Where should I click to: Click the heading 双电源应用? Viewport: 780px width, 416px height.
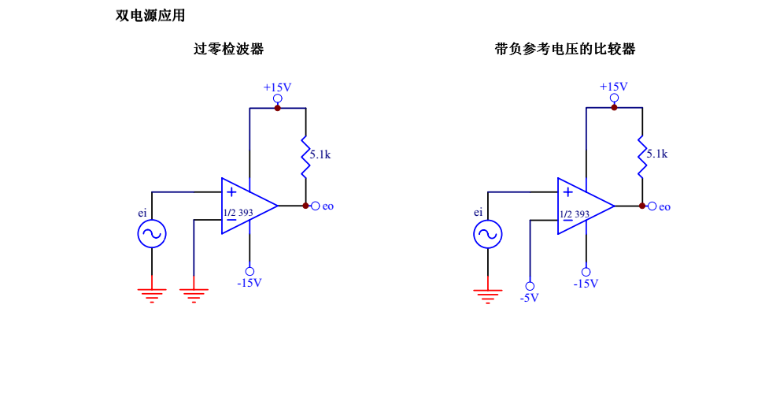150,15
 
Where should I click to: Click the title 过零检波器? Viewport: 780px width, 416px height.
228,49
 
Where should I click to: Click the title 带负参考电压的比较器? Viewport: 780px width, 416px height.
564,49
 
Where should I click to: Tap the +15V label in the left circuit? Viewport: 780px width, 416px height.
277,87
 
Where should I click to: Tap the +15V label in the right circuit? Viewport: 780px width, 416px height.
613,87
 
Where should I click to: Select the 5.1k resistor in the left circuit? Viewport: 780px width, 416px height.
305,156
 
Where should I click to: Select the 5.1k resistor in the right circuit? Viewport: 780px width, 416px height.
641,156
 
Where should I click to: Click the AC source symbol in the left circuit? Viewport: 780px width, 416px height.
152,234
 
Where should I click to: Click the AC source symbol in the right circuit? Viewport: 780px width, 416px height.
488,234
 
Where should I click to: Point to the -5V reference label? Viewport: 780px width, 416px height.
529,298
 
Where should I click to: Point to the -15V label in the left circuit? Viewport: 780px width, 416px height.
250,283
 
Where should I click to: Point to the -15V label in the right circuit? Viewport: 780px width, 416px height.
586,284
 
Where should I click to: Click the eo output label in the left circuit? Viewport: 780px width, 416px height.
327,206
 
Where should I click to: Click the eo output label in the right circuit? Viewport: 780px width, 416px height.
664,207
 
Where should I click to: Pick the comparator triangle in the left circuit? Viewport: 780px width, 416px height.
247,206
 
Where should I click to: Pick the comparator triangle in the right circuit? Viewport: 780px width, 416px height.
583,206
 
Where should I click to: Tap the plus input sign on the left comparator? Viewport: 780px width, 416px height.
231,191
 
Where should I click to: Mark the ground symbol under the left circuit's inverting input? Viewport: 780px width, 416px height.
194,294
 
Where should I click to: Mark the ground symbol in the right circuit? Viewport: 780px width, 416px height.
488,295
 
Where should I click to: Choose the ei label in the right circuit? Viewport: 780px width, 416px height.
478,212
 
